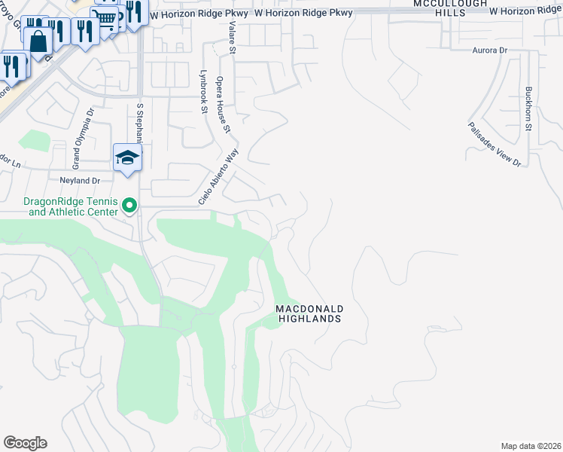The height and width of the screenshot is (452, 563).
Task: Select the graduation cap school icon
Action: [127, 157]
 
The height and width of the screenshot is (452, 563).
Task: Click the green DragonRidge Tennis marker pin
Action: [129, 205]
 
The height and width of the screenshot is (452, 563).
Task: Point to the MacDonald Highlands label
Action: [309, 313]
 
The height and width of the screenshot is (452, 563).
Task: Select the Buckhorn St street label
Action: [528, 106]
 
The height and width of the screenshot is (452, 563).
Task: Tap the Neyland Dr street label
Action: [80, 181]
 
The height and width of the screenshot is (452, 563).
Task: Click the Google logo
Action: [25, 443]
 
